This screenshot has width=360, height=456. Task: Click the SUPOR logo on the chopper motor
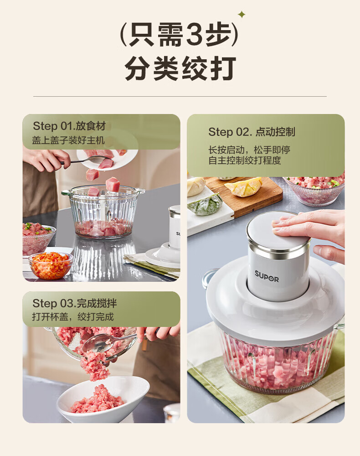pos(267,276)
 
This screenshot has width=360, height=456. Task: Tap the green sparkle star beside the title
pos(242,14)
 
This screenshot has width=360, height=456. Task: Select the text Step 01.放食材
pos(69,126)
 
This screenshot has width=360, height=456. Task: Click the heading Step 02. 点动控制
pos(252,132)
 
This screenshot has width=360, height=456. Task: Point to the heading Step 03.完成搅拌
pos(74,303)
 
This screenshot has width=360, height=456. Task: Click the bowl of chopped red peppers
pos(51,265)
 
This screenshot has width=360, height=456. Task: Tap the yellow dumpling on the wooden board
pos(243,187)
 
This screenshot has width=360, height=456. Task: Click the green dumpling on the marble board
pos(205,204)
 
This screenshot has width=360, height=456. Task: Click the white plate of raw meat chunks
pos(108,159)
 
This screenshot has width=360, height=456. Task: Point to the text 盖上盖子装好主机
pos(68,140)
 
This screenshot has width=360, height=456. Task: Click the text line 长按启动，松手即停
pos(249,150)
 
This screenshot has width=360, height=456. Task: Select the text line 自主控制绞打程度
pos(245,160)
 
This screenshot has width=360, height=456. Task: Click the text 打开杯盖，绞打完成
pos(73,317)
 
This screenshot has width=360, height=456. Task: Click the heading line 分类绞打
pos(180,68)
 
